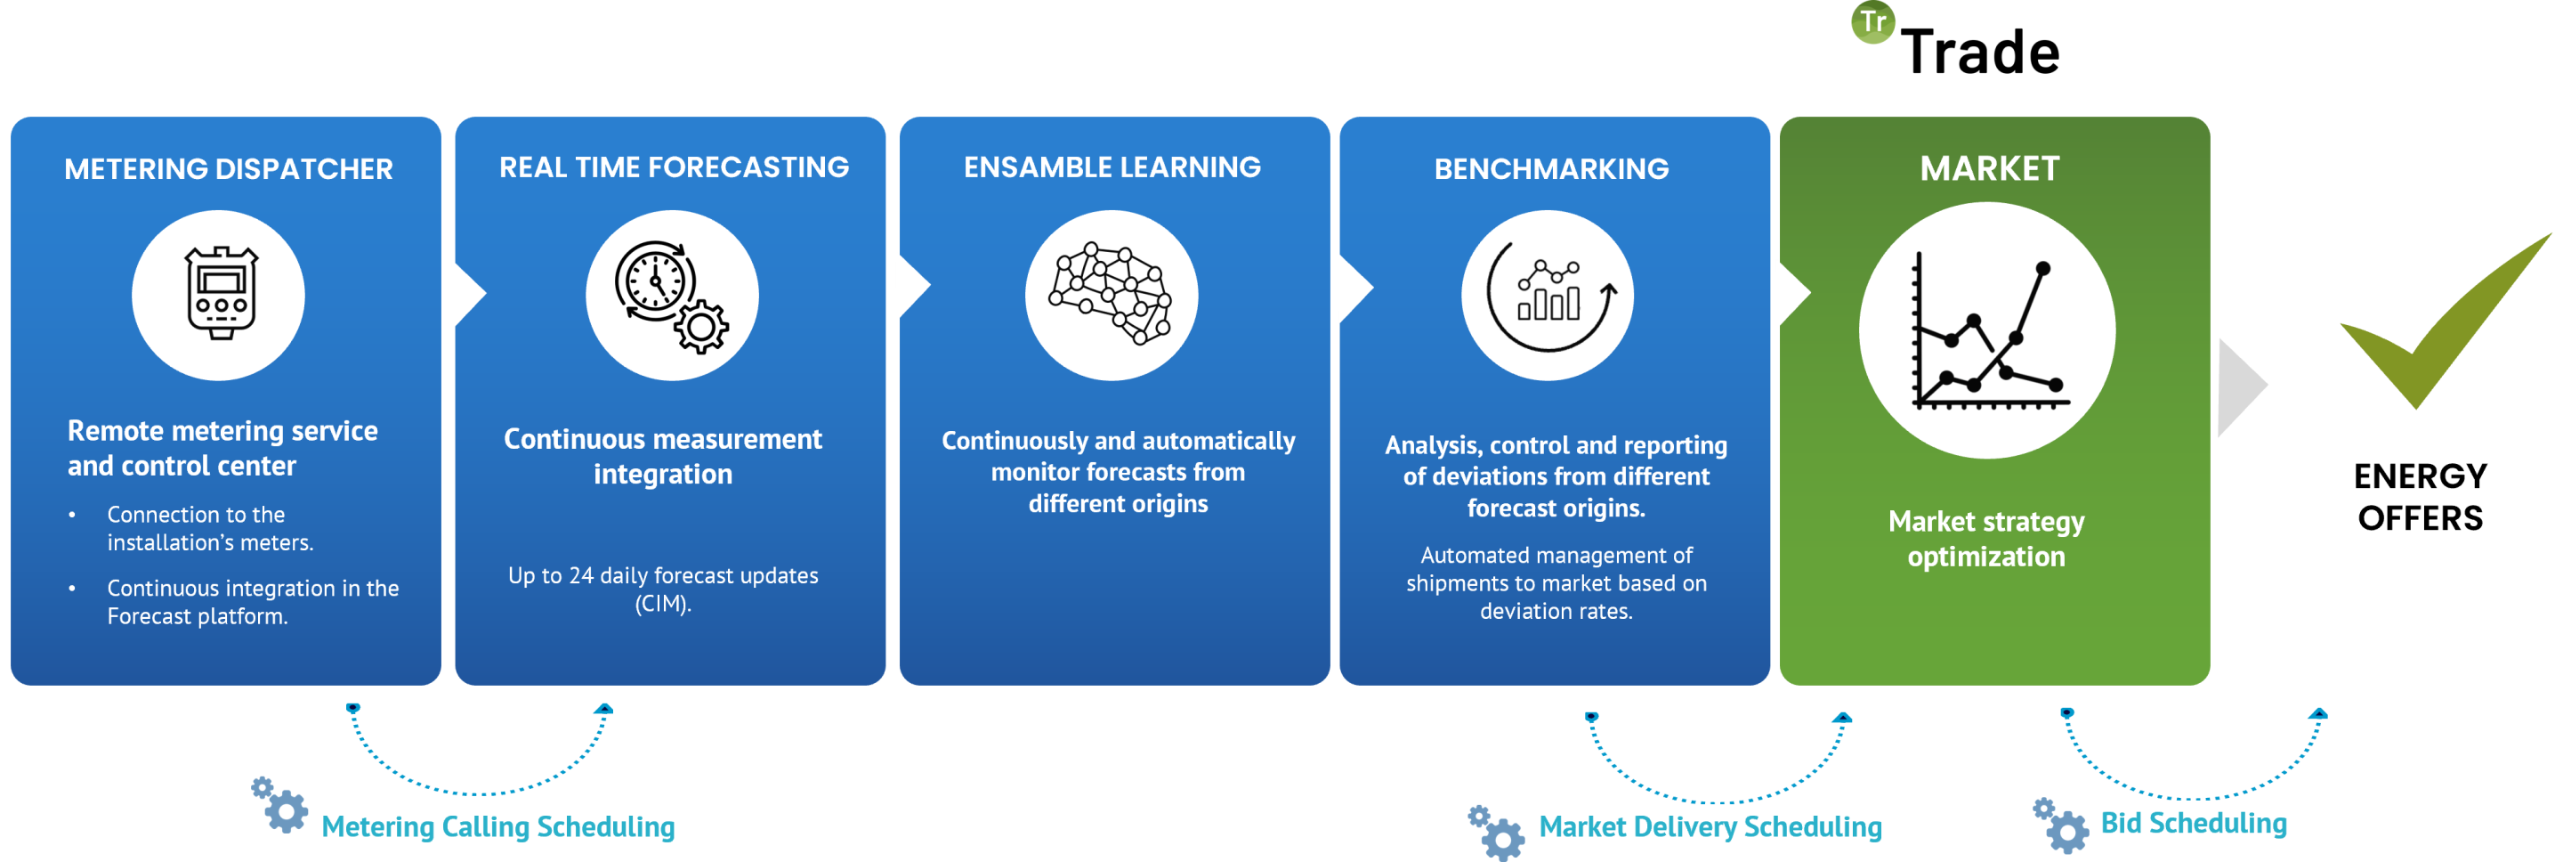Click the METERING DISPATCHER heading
click(228, 169)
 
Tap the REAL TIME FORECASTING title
click(674, 167)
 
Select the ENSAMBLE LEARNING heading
click(1112, 167)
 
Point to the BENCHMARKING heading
click(1551, 169)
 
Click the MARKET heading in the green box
click(1989, 168)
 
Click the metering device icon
click(220, 295)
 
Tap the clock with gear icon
click(672, 295)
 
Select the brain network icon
click(1112, 295)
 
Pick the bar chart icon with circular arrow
click(1548, 295)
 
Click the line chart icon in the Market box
click(1987, 330)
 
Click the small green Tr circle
click(1872, 22)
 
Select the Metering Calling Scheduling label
click(498, 826)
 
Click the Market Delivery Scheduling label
click(1710, 826)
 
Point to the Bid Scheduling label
click(2193, 823)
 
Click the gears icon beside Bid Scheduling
click(2059, 825)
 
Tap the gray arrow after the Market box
click(2242, 386)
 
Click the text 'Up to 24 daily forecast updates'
click(663, 575)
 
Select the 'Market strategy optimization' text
click(1986, 539)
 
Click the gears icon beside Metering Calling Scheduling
click(279, 804)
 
